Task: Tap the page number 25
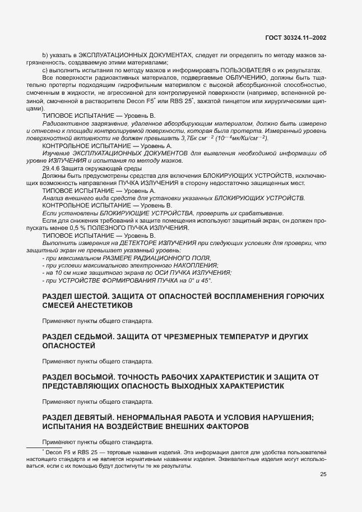323,474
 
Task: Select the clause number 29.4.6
52,168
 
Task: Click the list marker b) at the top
45,55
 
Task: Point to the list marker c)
45,70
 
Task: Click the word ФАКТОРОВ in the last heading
215,427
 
